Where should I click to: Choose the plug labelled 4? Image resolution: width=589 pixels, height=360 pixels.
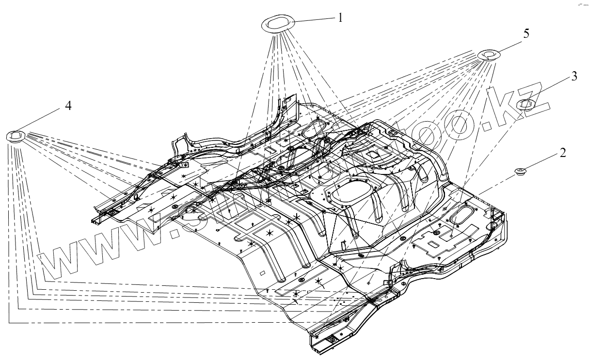(16, 136)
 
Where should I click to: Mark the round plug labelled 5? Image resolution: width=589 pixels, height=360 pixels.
(489, 55)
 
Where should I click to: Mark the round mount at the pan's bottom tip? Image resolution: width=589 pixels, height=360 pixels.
(333, 341)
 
